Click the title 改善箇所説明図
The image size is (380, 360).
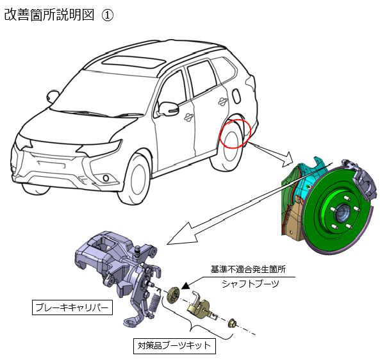[x=49, y=15]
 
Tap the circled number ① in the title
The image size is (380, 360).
[x=107, y=15]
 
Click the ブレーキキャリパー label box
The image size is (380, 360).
[x=72, y=307]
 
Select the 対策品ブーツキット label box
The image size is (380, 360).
[x=174, y=346]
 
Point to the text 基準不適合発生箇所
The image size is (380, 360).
[x=248, y=269]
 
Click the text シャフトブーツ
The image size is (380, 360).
[x=251, y=284]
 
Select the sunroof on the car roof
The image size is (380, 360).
[x=133, y=61]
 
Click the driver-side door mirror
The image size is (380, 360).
[x=168, y=108]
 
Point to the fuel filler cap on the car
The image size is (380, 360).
[x=236, y=95]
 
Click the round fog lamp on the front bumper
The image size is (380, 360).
[x=106, y=178]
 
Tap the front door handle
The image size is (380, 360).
[x=188, y=117]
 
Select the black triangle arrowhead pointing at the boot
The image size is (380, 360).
[x=185, y=286]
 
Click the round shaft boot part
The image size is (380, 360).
[x=174, y=295]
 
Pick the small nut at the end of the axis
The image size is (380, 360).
[x=232, y=323]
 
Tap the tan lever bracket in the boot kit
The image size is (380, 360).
[x=200, y=306]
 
